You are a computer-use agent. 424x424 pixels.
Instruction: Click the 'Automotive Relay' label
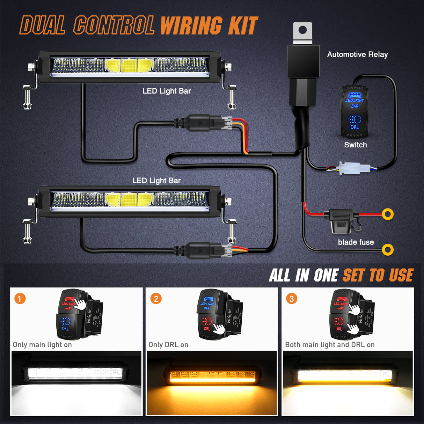click(357, 54)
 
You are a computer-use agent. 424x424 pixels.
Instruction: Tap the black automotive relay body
click(303, 61)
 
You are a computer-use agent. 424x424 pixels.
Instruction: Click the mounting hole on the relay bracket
click(303, 30)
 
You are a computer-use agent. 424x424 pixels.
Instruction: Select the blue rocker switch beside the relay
click(354, 111)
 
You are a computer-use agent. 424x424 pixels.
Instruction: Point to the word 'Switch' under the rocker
click(355, 145)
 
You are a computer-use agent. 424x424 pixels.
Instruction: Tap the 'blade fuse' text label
click(356, 242)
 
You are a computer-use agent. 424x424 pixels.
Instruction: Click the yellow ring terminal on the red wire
click(388, 214)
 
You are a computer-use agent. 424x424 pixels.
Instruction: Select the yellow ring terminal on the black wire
click(388, 250)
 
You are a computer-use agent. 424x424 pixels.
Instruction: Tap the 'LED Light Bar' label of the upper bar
click(167, 91)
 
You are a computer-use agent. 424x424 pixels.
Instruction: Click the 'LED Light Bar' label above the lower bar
click(156, 181)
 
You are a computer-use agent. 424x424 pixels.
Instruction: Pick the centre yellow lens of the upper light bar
click(129, 65)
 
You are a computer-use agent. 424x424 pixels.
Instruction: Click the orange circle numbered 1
click(20, 299)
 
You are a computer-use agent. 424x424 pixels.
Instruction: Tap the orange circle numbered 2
click(156, 299)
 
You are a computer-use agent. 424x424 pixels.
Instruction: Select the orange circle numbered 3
click(292, 299)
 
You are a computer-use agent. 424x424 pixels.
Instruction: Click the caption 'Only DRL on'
click(168, 345)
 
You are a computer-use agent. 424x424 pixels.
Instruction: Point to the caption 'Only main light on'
click(42, 345)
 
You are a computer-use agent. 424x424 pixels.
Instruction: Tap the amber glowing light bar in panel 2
click(212, 376)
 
